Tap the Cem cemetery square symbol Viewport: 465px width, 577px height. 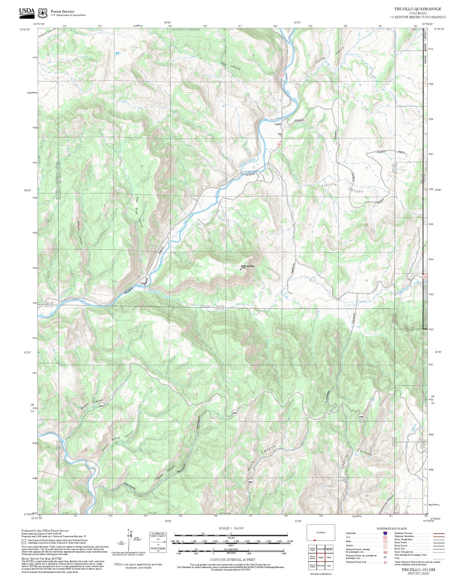(x=280, y=135)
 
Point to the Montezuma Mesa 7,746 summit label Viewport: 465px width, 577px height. (x=247, y=267)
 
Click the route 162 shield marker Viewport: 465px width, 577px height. (x=251, y=482)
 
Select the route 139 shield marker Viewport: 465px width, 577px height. (x=361, y=416)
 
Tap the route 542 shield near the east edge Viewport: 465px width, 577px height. (x=425, y=277)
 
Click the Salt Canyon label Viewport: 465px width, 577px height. (x=230, y=66)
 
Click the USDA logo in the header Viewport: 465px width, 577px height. (x=27, y=13)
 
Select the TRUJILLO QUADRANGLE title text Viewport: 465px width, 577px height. (x=417, y=9)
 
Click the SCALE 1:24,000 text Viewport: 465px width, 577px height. (x=231, y=528)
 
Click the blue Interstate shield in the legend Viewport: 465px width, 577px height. (x=385, y=533)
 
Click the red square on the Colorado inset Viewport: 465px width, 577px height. (x=314, y=540)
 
